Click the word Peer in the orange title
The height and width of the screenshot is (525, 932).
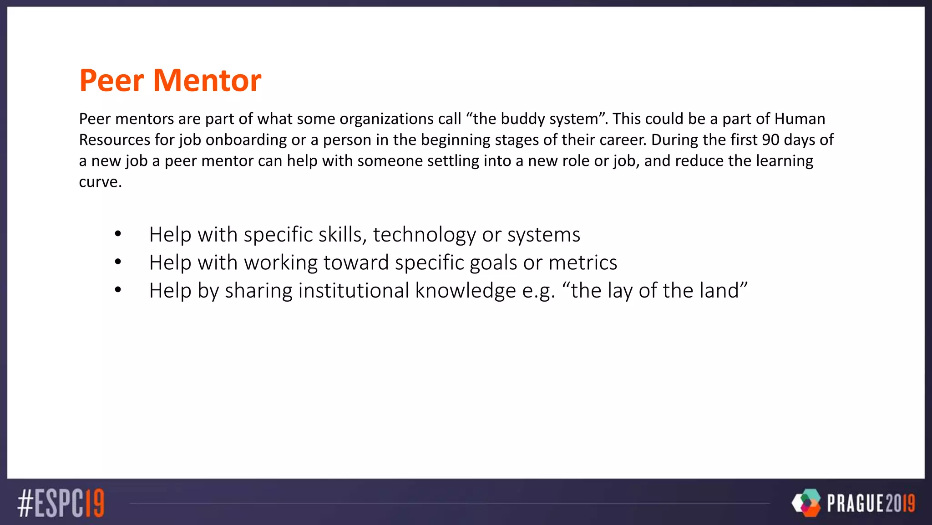[x=111, y=81]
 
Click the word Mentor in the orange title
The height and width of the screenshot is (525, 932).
[x=207, y=81]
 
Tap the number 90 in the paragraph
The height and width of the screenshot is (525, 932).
[x=770, y=140]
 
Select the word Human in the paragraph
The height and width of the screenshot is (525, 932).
[x=800, y=119]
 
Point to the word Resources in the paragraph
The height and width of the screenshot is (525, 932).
[x=114, y=140]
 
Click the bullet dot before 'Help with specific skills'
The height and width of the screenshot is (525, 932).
[x=118, y=234]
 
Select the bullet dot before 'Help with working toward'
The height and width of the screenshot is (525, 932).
[x=118, y=262]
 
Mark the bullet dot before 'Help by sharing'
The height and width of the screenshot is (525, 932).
[x=118, y=290]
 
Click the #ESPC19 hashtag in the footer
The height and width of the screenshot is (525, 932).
[x=61, y=503]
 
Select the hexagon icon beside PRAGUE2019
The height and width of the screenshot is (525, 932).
[x=806, y=503]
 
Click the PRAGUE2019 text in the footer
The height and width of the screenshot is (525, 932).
[x=871, y=504]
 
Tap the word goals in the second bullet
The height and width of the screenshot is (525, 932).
[x=493, y=263]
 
